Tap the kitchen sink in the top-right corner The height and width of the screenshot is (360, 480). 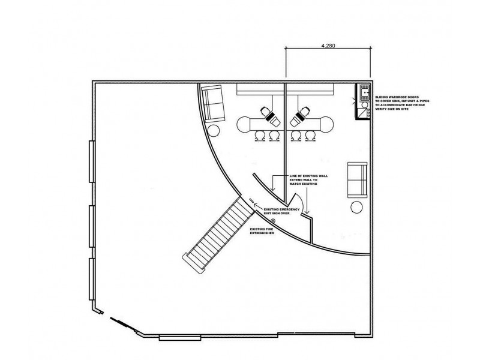pos(363,94)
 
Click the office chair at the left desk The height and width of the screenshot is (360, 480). pos(268,113)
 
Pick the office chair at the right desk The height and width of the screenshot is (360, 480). pos(301,113)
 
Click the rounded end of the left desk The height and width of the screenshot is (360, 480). pos(244,124)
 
